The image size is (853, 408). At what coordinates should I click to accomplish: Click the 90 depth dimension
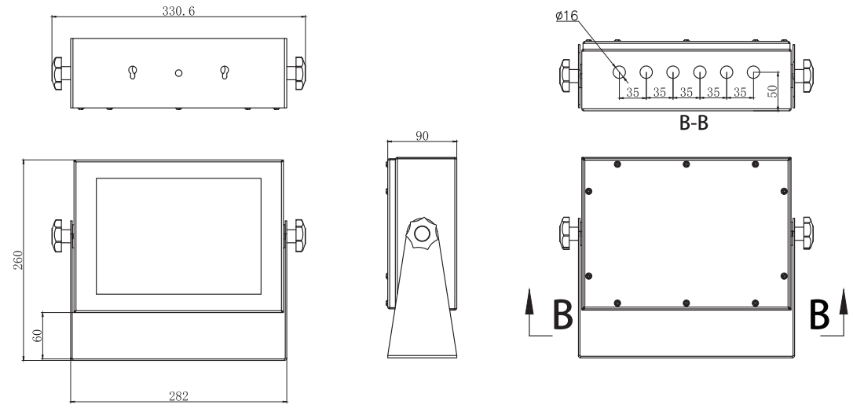click(x=422, y=135)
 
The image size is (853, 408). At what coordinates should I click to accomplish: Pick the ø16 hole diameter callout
click(x=566, y=15)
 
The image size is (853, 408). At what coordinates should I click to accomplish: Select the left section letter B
click(x=562, y=318)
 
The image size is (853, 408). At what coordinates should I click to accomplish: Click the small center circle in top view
click(x=179, y=73)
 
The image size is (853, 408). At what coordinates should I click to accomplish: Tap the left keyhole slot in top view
click(x=132, y=73)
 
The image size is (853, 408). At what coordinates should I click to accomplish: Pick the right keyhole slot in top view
click(x=225, y=73)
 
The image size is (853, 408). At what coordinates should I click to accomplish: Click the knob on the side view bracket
click(x=422, y=233)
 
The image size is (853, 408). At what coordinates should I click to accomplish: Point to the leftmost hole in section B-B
click(x=620, y=72)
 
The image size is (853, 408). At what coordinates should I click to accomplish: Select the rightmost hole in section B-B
click(x=753, y=72)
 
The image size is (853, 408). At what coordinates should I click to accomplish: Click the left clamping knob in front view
click(x=61, y=234)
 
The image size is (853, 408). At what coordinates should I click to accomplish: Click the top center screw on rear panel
click(x=686, y=164)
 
